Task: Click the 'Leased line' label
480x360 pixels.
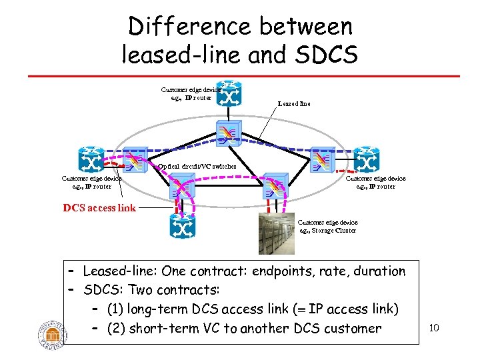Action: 294,104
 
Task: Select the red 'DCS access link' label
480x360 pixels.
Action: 99,207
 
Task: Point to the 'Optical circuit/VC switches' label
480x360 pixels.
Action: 197,166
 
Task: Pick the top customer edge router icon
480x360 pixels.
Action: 230,93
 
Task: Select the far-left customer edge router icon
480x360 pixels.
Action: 89,160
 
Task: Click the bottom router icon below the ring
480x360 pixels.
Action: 181,227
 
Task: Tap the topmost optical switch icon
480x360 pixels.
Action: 227,133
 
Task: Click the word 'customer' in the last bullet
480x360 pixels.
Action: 353,329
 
